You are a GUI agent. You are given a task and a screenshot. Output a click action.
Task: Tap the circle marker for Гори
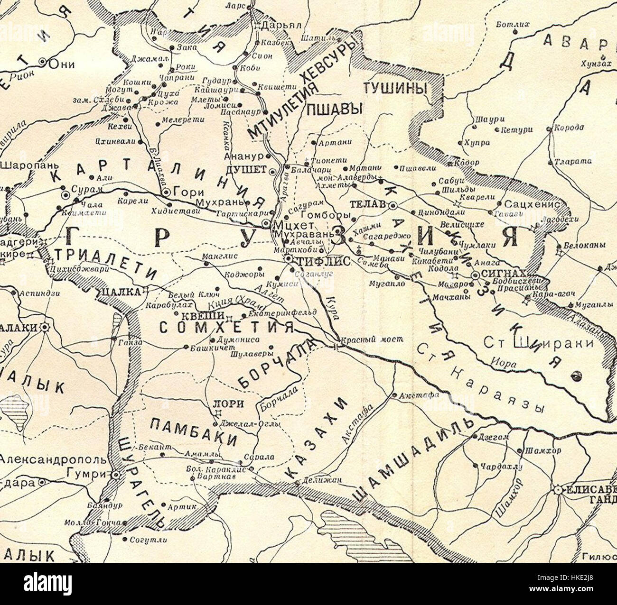point(166,192)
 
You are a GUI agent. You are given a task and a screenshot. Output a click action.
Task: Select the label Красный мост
point(374,339)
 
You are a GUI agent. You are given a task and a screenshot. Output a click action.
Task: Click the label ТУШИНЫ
point(395,88)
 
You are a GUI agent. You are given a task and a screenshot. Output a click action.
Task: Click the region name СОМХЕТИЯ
point(226,328)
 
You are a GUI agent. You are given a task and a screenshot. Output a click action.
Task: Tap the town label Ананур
point(244,156)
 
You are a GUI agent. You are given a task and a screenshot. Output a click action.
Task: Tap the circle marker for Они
point(43,62)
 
